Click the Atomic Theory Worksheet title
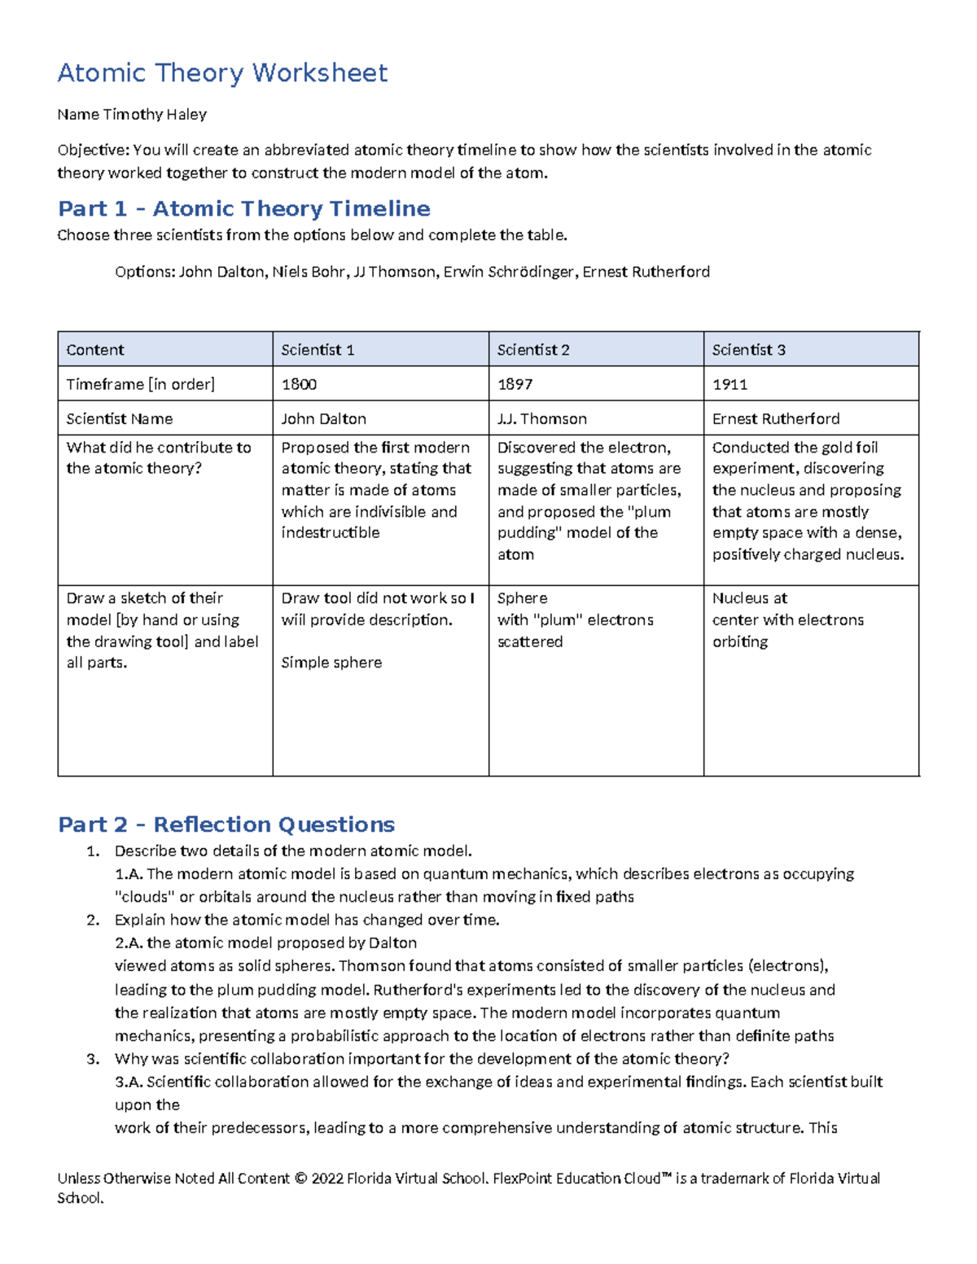click(222, 73)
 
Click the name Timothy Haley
click(155, 115)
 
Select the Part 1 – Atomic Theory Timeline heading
click(244, 209)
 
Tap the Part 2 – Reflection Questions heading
click(226, 824)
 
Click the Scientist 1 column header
click(318, 350)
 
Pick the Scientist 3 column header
click(748, 350)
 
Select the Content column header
click(95, 350)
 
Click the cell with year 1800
click(299, 384)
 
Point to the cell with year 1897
click(515, 384)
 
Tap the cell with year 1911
click(729, 384)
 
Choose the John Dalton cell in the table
click(323, 419)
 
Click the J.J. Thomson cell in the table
click(541, 419)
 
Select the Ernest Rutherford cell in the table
click(775, 419)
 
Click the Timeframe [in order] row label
click(140, 384)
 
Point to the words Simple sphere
click(331, 663)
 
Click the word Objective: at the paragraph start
click(93, 150)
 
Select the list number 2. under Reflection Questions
click(93, 921)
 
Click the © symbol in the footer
click(300, 1179)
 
